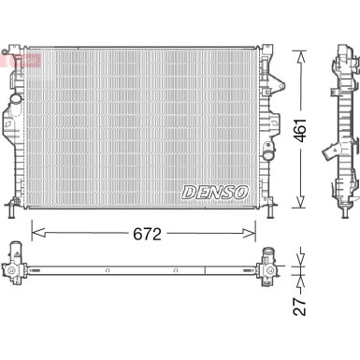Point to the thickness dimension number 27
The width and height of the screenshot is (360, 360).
tap(300, 302)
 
